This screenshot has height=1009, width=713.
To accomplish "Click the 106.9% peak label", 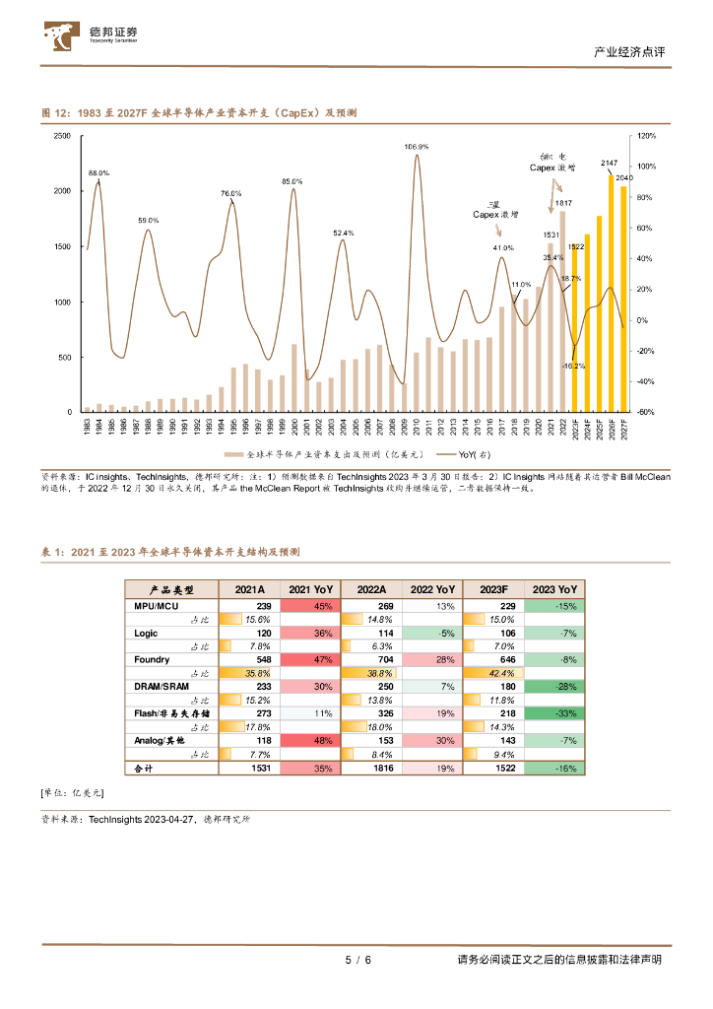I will [416, 146].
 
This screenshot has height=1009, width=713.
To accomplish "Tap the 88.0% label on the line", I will [98, 173].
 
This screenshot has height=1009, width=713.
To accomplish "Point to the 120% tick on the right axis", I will [647, 136].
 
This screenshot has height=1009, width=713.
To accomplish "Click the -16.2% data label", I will [574, 366].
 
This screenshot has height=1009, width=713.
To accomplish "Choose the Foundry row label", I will [152, 659].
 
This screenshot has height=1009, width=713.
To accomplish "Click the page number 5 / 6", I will [357, 960].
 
